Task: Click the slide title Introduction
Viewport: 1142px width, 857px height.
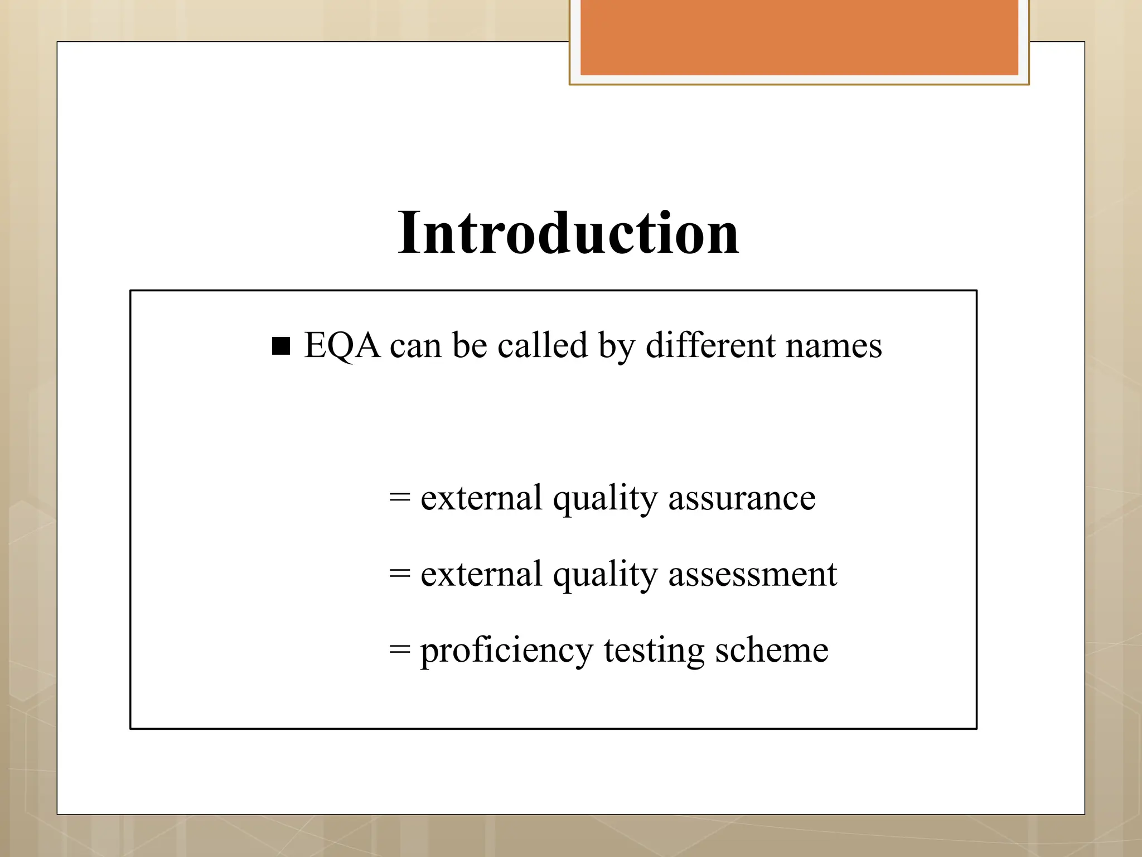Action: (568, 233)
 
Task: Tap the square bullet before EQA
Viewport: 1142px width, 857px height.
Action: (281, 346)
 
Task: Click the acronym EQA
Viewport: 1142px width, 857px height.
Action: (342, 345)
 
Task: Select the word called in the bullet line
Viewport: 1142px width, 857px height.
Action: (543, 345)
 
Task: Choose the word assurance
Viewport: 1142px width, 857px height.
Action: (742, 498)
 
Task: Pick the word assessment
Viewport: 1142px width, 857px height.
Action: (753, 574)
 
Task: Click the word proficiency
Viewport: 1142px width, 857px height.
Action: (506, 651)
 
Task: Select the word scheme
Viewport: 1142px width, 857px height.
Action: (772, 650)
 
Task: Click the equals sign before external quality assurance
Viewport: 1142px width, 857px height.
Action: (400, 497)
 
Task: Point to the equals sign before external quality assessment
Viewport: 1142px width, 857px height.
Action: (400, 573)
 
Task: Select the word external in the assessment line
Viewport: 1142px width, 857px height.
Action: (481, 574)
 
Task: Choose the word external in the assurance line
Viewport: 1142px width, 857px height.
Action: (481, 498)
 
